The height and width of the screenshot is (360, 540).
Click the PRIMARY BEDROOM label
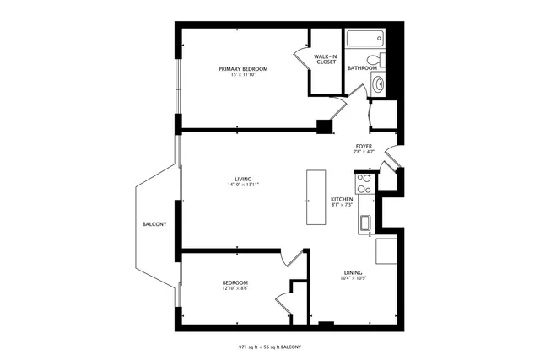click(243, 69)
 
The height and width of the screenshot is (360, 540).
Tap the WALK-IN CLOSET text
click(327, 60)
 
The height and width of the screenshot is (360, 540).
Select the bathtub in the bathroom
click(365, 39)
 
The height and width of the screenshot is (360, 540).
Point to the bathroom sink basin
click(379, 83)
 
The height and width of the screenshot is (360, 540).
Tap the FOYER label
click(364, 146)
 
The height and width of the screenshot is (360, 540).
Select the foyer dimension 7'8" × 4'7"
click(364, 153)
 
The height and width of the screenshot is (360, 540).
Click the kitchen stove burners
click(364, 182)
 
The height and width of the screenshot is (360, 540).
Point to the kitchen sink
click(366, 223)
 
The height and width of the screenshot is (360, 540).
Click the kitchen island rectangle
click(316, 196)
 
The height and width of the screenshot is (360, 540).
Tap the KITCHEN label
click(341, 200)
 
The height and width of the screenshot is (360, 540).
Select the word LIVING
click(243, 179)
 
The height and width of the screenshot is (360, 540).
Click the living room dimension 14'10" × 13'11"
click(243, 185)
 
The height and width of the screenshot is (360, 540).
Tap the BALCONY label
click(154, 224)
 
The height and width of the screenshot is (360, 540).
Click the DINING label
click(354, 272)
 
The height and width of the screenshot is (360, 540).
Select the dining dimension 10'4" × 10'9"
click(354, 279)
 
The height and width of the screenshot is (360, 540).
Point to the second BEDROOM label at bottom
click(235, 282)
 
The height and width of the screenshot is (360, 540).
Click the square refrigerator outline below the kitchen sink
click(386, 250)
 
